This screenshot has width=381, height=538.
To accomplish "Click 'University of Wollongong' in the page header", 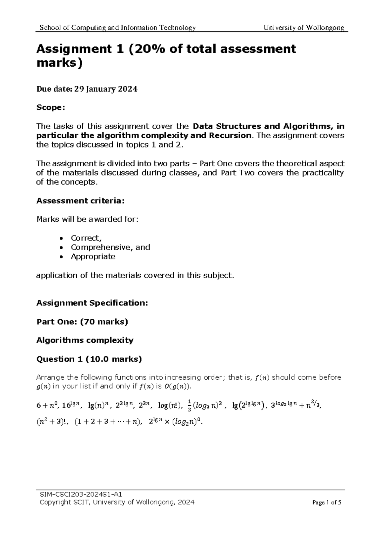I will pyautogui.click(x=304, y=28).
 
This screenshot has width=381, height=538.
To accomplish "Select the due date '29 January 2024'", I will pyautogui.click(x=106, y=89).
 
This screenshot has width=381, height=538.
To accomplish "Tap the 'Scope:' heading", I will pyautogui.click(x=51, y=108).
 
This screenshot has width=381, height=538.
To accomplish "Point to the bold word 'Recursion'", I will pyautogui.click(x=230, y=135).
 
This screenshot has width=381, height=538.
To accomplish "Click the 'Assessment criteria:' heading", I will pyautogui.click(x=81, y=201).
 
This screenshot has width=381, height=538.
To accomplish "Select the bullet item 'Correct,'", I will pyautogui.click(x=86, y=238).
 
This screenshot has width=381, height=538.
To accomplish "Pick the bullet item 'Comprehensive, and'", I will pyautogui.click(x=110, y=247).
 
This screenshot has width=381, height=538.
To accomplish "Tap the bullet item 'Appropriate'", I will pyautogui.click(x=93, y=256).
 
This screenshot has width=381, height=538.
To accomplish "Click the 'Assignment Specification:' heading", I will pyautogui.click(x=92, y=303).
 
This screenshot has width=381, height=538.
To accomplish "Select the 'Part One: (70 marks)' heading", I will pyautogui.click(x=82, y=322).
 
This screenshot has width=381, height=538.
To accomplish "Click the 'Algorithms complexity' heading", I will pyautogui.click(x=85, y=340).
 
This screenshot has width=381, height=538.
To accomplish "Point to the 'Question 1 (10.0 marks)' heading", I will pyautogui.click(x=89, y=359).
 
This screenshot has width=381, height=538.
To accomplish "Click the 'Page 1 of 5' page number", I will pyautogui.click(x=326, y=503).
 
